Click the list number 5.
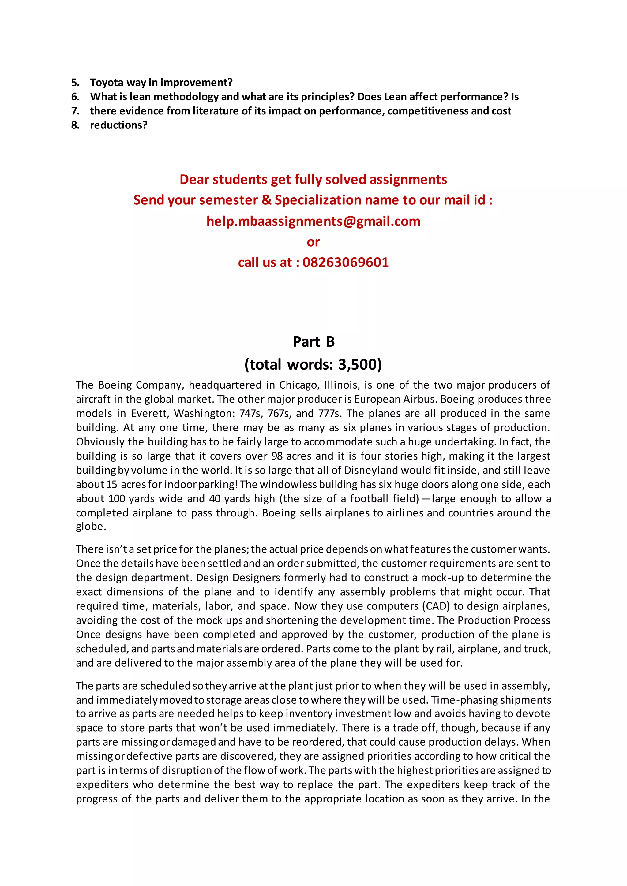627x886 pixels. pyautogui.click(x=75, y=83)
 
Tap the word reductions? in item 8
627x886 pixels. pyautogui.click(x=118, y=125)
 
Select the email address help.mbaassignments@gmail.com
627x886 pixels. pyautogui.click(x=313, y=221)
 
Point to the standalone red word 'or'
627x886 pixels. pyautogui.click(x=313, y=242)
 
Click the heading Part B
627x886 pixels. pyautogui.click(x=313, y=341)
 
